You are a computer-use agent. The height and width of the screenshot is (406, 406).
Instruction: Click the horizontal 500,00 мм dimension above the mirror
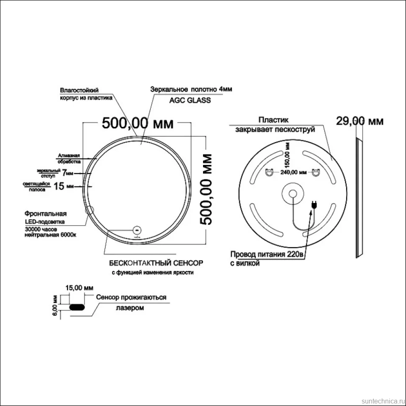click(137, 123)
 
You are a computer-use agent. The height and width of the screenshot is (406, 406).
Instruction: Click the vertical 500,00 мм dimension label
click(206, 189)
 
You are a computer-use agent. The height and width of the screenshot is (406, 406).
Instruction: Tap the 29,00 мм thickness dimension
click(360, 121)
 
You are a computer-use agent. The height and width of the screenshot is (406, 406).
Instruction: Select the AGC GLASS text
click(190, 100)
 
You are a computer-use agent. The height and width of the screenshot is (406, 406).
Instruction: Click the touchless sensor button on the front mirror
click(137, 230)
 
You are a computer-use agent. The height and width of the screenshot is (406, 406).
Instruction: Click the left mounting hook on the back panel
click(270, 172)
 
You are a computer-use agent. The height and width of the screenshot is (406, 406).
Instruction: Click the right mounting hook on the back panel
click(316, 172)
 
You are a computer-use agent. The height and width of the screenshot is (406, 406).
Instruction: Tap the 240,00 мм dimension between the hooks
click(293, 172)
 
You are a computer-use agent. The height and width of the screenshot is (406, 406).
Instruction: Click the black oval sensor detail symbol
click(77, 307)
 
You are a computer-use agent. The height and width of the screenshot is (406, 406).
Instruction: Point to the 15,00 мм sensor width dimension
click(79, 288)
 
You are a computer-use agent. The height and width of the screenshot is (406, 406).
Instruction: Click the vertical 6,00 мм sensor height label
click(55, 306)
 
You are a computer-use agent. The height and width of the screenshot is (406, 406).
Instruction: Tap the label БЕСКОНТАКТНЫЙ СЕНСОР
click(156, 263)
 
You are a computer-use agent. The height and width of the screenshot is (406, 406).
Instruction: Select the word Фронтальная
click(46, 213)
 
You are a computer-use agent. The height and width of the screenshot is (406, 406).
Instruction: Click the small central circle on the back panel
click(293, 194)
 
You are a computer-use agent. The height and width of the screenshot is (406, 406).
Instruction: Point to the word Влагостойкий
click(79, 90)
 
